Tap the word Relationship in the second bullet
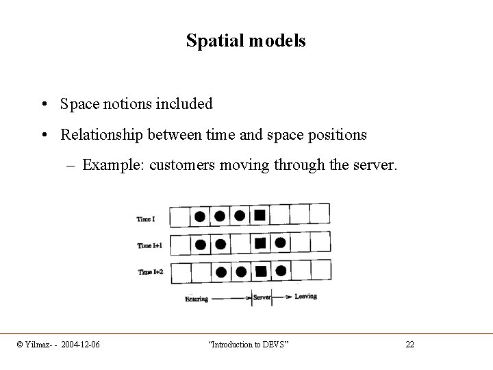100,135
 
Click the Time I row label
146,219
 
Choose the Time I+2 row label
150,272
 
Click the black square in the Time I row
260,216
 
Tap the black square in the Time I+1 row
260,243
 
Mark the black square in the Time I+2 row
260,271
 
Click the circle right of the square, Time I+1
280,243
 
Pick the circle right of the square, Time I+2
280,271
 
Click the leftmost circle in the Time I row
199,217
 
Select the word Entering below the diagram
197,299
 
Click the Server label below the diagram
262,297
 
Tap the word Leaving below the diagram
305,297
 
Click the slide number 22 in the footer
409,343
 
